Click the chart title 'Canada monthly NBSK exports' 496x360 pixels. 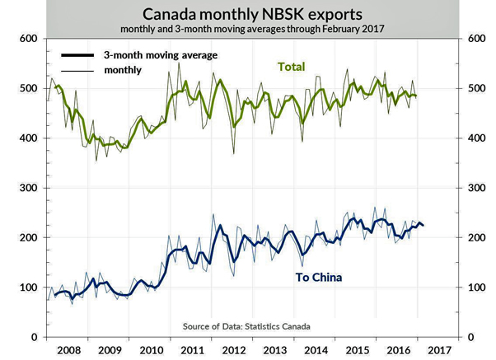point(248,13)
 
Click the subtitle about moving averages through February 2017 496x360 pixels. point(248,30)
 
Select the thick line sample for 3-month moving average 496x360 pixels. point(79,55)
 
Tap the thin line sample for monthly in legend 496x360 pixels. point(79,70)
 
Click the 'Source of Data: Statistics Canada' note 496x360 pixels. point(246,327)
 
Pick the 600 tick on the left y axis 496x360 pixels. point(29,39)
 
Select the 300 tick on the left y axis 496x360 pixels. point(29,188)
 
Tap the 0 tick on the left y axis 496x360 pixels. point(35,337)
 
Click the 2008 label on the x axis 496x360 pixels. point(68,350)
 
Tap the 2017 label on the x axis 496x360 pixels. point(438,350)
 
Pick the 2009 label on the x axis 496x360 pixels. point(111,350)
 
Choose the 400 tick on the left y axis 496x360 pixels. point(29,138)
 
